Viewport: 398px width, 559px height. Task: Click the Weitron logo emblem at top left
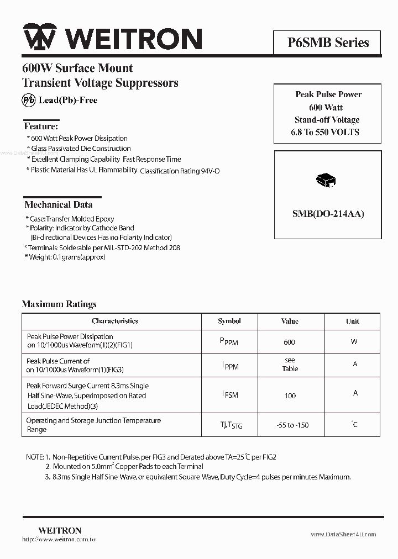tap(39, 39)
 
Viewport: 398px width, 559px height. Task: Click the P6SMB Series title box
tap(327, 43)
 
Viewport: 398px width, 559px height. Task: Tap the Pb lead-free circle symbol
tap(28, 100)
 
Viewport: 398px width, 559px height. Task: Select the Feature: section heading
tap(41, 126)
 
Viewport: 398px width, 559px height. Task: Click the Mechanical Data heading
tap(59, 204)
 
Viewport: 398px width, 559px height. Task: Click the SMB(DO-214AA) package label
tap(328, 214)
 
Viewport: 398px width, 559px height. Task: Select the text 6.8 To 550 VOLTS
tap(325, 132)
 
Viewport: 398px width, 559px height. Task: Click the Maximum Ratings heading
tap(59, 304)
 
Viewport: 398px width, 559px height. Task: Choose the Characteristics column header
tap(114, 321)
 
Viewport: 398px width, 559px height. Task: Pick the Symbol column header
tap(229, 321)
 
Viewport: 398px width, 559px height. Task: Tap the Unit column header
tap(353, 321)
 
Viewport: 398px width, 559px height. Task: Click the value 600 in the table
tap(289, 342)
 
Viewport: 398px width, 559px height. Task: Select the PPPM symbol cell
tap(229, 342)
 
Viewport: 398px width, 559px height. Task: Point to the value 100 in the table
tap(290, 395)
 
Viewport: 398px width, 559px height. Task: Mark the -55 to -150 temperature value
tap(292, 425)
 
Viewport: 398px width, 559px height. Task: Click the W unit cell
tap(354, 342)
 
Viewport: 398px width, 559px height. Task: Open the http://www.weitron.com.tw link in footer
tap(60, 539)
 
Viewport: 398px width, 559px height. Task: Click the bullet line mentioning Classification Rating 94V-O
tap(123, 171)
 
